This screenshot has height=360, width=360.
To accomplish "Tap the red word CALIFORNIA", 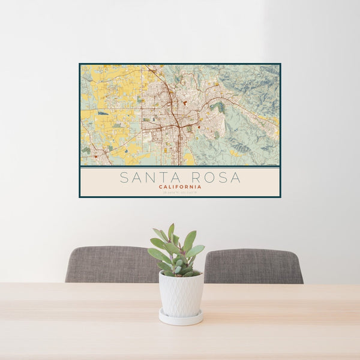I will pos(180,187).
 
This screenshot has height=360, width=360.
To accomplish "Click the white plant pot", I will pos(181,293).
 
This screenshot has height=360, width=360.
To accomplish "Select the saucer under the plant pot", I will pos(181,317).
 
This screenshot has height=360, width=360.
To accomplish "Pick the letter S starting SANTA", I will pos(124,178).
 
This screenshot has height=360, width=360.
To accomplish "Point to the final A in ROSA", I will pos(235,178).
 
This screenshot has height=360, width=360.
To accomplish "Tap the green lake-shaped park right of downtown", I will pos(218,108).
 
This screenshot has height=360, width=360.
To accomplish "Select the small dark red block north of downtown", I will pos(185,103).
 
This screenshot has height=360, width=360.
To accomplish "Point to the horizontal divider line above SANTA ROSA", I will pos(180,167).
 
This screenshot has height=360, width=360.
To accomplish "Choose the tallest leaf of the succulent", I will pos(171,231).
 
